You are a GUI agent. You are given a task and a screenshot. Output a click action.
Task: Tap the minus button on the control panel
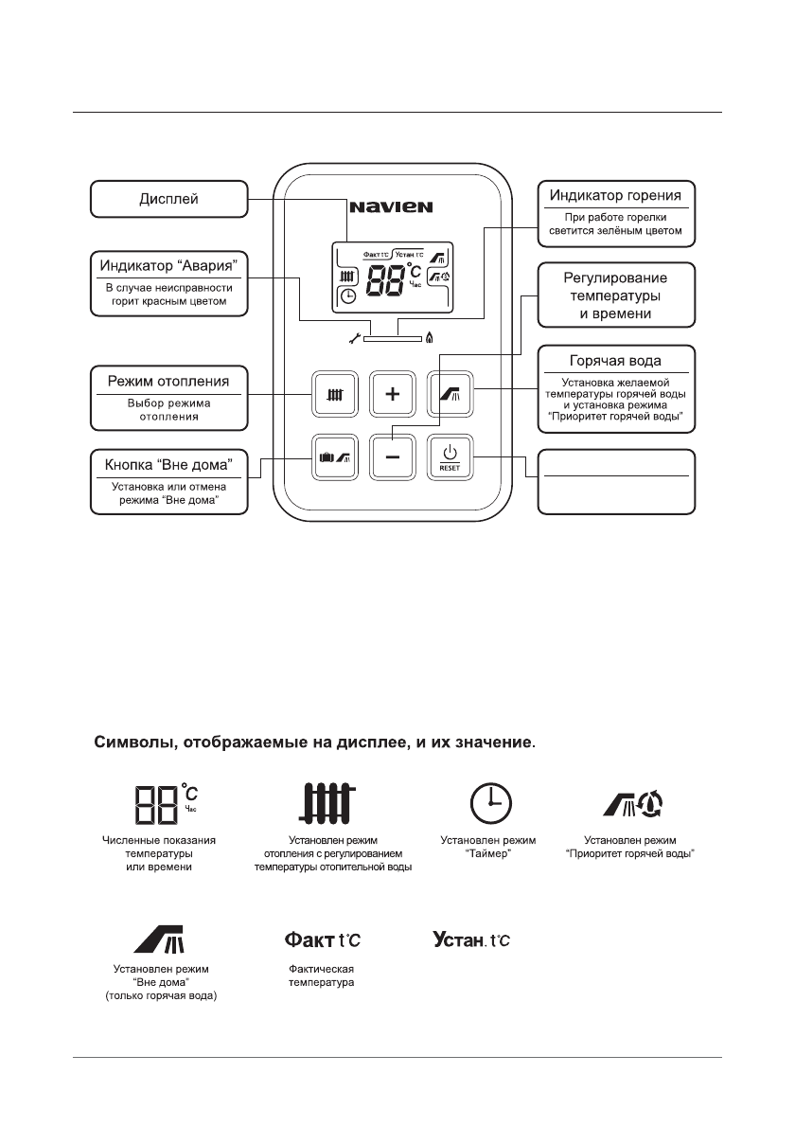pyautogui.click(x=393, y=457)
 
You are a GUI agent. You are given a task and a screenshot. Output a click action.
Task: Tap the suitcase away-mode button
pyautogui.click(x=335, y=457)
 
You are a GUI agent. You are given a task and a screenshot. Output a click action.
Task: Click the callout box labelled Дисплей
pyautogui.click(x=168, y=199)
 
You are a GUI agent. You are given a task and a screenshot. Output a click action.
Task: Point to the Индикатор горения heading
pyautogui.click(x=615, y=196)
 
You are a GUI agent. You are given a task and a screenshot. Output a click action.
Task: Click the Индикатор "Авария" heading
pyautogui.click(x=168, y=262)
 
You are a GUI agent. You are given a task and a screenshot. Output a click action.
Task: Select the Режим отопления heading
pyautogui.click(x=168, y=382)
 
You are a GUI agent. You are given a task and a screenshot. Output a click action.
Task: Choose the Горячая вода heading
pyautogui.click(x=615, y=361)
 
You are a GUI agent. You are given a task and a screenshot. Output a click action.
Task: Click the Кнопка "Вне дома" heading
pyautogui.click(x=168, y=465)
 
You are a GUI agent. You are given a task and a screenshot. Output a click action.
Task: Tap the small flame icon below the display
pyautogui.click(x=431, y=336)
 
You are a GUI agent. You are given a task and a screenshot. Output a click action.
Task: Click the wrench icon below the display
pyautogui.click(x=355, y=336)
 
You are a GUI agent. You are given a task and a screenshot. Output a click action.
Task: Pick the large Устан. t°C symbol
pyautogui.click(x=471, y=939)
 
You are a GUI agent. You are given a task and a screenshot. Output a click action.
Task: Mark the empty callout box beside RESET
pyautogui.click(x=615, y=481)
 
